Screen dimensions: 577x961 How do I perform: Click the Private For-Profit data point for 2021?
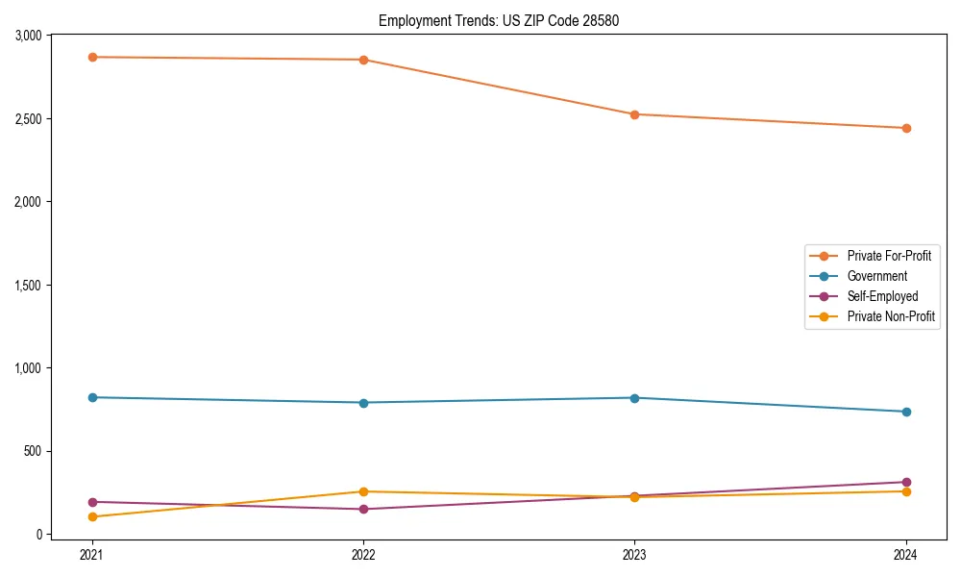[92, 57]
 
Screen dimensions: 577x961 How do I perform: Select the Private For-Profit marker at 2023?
[634, 114]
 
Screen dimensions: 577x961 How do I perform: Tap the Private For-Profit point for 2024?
[905, 128]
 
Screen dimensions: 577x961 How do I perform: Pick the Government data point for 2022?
[363, 403]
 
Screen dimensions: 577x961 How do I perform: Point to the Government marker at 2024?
[905, 412]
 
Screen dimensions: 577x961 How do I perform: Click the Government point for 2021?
[92, 397]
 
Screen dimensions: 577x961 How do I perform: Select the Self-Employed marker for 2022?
[363, 509]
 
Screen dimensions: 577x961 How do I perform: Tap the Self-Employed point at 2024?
[905, 482]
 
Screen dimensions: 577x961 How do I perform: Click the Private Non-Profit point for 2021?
[92, 516]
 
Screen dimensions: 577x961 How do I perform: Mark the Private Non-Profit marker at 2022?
[363, 491]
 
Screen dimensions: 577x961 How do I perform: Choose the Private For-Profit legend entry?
[889, 256]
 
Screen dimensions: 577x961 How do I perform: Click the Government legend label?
[876, 276]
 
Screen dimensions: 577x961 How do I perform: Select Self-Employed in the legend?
[882, 296]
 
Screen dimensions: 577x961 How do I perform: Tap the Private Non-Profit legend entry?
[891, 316]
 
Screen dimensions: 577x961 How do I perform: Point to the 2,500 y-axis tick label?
[26, 119]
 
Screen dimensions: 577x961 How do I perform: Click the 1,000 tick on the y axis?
[26, 368]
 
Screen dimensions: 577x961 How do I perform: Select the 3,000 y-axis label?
[26, 36]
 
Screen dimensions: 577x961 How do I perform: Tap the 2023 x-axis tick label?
[634, 555]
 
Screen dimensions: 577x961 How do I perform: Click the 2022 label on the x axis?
[363, 555]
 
